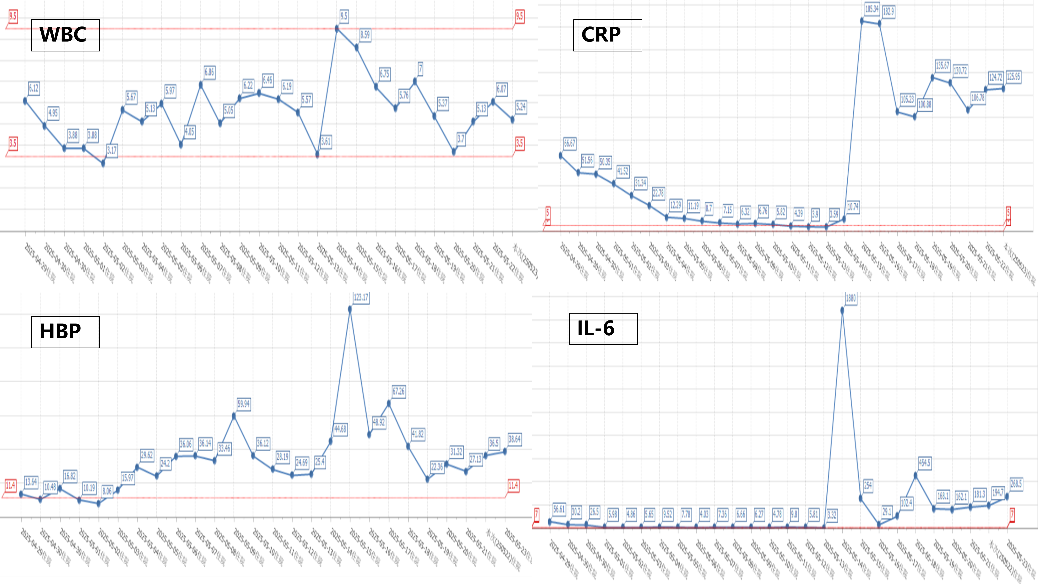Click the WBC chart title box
[x=65, y=35]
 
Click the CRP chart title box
[x=607, y=35]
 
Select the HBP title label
[x=65, y=332]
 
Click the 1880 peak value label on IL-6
[x=851, y=298]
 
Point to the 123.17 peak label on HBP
[x=361, y=298]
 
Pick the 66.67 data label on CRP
[x=570, y=143]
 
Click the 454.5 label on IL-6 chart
[x=924, y=463]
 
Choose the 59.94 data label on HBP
[x=243, y=404]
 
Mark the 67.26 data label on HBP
[x=398, y=391]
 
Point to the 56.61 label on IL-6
[x=559, y=509]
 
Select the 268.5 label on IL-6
[x=1016, y=484]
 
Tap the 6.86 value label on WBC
[x=209, y=72]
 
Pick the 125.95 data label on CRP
[x=1013, y=77]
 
